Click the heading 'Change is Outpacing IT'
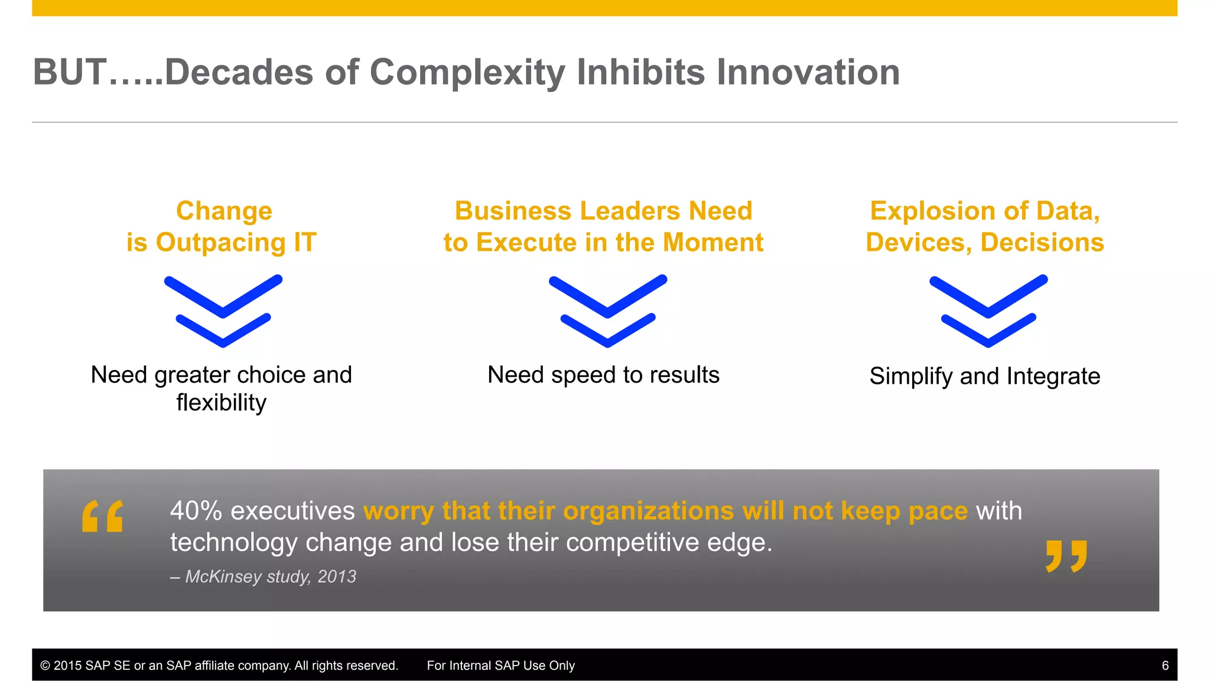(222, 227)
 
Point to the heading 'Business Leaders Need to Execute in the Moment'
(603, 227)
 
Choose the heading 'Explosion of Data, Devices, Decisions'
(985, 227)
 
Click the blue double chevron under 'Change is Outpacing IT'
(223, 311)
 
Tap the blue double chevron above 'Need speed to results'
(608, 311)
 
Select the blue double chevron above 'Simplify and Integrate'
(988, 311)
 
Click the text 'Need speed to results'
(603, 375)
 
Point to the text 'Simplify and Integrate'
(985, 376)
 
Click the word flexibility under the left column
(222, 403)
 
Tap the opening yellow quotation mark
(103, 516)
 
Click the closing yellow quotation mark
(1066, 556)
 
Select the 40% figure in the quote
(196, 511)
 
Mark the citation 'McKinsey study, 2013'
(271, 576)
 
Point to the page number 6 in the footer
(1165, 666)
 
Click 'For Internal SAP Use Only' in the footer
(500, 666)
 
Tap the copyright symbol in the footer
(45, 666)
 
